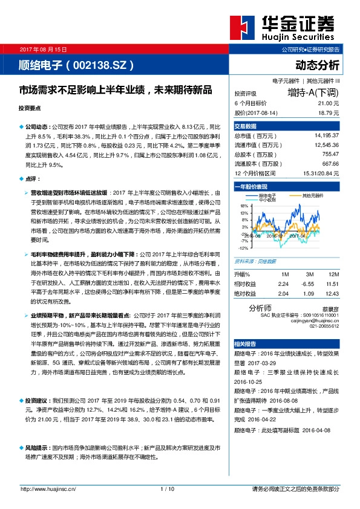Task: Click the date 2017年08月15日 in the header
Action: [x=44, y=50]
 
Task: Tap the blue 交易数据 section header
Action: [x=246, y=126]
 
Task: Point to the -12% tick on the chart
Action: [x=242, y=248]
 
